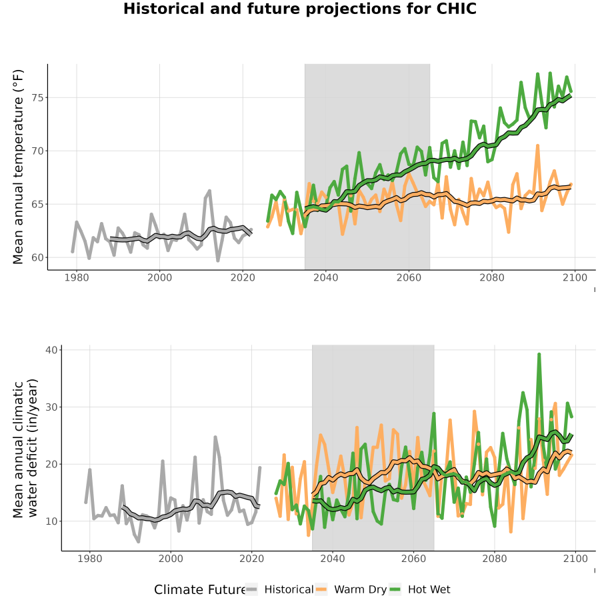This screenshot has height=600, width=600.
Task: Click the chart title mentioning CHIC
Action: pos(299,9)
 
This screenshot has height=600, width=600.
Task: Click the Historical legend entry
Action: pos(279,589)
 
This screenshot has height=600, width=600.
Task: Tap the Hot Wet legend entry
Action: pos(420,589)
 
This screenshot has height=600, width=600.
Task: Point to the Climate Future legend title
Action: pos(200,590)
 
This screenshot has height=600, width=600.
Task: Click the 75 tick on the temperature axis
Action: pos(37,97)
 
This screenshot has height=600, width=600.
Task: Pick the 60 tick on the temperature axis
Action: pos(37,257)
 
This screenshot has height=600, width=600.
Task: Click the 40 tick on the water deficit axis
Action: pos(51,350)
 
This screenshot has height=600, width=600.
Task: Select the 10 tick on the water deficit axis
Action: pos(51,521)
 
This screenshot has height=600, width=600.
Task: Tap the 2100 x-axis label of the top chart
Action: pos(575,277)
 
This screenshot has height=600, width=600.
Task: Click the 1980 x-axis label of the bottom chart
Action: pos(90,559)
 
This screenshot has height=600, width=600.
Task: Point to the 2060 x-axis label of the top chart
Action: pos(409,277)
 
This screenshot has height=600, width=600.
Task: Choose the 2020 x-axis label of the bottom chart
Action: pos(252,559)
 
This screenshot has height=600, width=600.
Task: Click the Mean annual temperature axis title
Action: pos(18,167)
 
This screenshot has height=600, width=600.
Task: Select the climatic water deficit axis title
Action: pos(25,448)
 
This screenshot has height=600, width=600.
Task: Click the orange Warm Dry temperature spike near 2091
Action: pos(537,146)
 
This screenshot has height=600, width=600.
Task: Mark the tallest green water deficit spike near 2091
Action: pos(539,355)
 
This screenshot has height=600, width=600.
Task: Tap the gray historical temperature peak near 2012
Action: pos(209,191)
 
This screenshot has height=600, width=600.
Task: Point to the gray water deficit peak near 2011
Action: pos(215,437)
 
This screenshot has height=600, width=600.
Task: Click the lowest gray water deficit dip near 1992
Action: pos(139,541)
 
